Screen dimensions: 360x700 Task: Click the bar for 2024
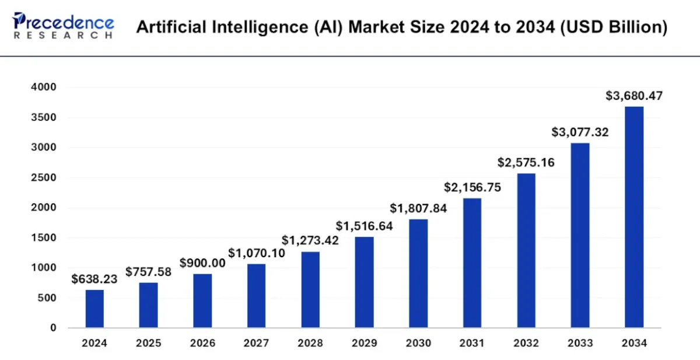94,309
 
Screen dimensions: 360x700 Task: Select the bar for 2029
364,282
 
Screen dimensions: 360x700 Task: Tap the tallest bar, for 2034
634,217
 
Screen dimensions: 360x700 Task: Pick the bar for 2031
472,263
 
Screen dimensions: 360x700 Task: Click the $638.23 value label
94,279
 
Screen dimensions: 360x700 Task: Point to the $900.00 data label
202,263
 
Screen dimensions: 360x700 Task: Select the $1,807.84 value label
418,208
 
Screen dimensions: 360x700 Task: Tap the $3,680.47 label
634,96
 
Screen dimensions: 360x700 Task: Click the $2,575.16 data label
526,162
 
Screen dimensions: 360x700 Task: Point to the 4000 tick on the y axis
44,88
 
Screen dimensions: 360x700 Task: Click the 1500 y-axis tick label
44,238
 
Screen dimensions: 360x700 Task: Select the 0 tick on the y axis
53,328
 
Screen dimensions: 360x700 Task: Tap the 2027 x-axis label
256,344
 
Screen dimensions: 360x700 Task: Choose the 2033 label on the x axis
580,344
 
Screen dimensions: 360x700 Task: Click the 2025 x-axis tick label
148,344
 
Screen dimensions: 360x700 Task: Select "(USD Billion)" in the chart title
613,27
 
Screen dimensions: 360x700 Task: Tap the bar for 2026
202,301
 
